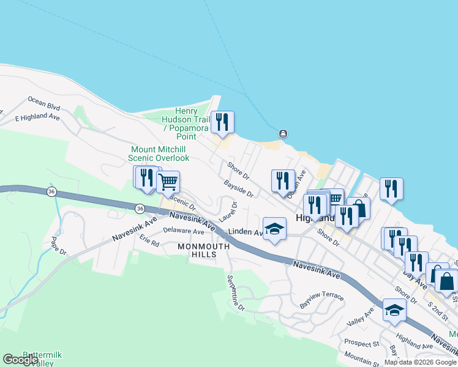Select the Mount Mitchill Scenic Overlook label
pos(159,153)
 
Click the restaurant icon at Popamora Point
pos(222,122)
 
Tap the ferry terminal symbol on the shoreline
pos(283,134)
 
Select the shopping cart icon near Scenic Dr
pos(168,182)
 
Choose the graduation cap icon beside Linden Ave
pos(275,229)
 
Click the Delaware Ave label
pos(184,232)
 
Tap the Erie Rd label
pos(149,240)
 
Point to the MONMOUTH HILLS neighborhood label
pos(203,250)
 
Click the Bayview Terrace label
pos(321,299)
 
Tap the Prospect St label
pos(361,343)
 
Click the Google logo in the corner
pos(20,360)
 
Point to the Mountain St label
pos(362,355)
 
